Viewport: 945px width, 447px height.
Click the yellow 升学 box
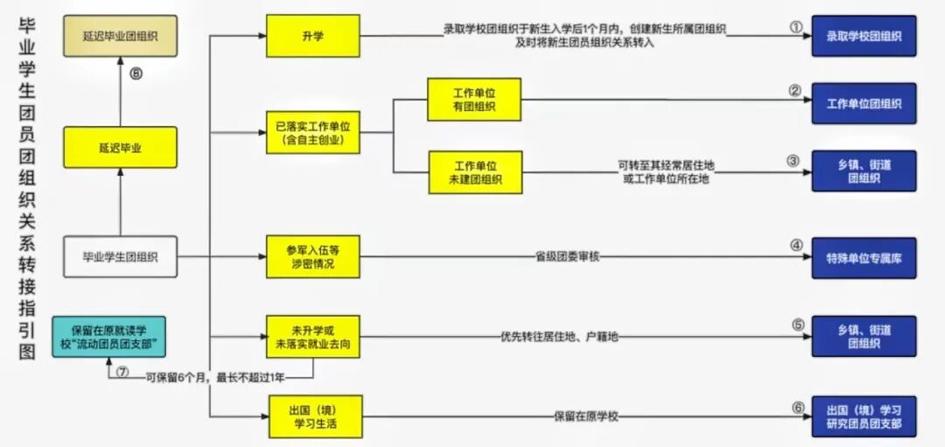pyautogui.click(x=313, y=36)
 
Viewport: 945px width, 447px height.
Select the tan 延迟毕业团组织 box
pyautogui.click(x=121, y=36)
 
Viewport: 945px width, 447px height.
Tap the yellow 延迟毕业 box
pyautogui.click(x=121, y=148)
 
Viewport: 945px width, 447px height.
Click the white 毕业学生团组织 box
pyautogui.click(x=121, y=256)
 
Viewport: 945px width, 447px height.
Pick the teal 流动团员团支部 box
pyautogui.click(x=109, y=336)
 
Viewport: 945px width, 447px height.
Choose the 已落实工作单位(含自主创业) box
pyautogui.click(x=313, y=133)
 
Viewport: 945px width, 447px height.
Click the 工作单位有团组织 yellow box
pyautogui.click(x=474, y=100)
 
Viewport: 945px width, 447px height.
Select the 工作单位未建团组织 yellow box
pyautogui.click(x=475, y=172)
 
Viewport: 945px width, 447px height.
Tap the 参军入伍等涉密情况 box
pyautogui.click(x=313, y=256)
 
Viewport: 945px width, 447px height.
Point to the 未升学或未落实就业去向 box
pyautogui.click(x=313, y=337)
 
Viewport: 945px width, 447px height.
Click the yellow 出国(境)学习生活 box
pyautogui.click(x=316, y=416)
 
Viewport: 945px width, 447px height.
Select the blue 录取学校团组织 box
pyautogui.click(x=864, y=36)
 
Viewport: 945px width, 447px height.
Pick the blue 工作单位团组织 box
pyautogui.click(x=864, y=103)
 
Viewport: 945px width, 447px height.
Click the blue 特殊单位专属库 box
pyautogui.click(x=864, y=258)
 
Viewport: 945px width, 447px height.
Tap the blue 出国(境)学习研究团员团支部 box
pyautogui.click(x=864, y=416)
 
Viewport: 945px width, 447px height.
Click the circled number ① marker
pyautogui.click(x=797, y=27)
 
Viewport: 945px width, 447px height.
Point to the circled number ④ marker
pyautogui.click(x=797, y=246)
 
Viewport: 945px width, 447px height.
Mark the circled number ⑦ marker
pyautogui.click(x=122, y=372)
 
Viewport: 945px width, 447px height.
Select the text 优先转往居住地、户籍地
pyautogui.click(x=559, y=337)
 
